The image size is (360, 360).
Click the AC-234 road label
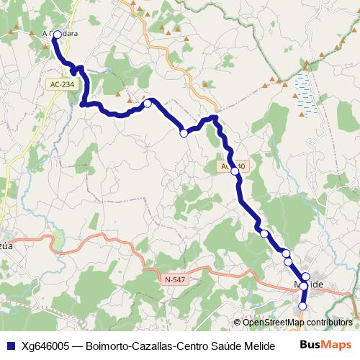click(62, 84)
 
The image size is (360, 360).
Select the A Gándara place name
click(61, 33)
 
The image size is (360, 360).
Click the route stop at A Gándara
click(57, 34)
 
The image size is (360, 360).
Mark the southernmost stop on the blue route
click(302, 306)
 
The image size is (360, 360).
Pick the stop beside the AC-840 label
click(235, 171)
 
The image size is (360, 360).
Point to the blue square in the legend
click(9, 345)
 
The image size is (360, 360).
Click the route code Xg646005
click(45, 345)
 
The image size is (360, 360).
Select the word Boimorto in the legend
click(108, 345)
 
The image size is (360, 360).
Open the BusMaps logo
click(326, 344)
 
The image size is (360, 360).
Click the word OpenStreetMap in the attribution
click(274, 323)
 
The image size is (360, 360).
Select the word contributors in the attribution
click(329, 323)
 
